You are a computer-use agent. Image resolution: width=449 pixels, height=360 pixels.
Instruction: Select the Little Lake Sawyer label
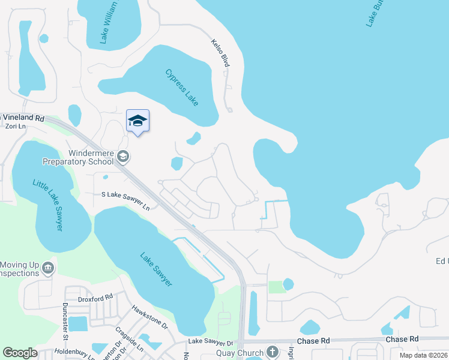(x=55, y=207)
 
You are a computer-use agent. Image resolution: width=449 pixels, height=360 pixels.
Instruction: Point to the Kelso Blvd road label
(x=220, y=53)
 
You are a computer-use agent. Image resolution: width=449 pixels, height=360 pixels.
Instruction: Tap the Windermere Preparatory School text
(x=77, y=157)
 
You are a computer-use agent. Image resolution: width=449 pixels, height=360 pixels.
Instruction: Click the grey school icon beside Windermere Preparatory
(x=123, y=157)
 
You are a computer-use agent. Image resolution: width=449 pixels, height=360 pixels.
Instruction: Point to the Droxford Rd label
(x=95, y=298)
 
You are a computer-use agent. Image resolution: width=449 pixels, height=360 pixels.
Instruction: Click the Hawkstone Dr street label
(x=149, y=316)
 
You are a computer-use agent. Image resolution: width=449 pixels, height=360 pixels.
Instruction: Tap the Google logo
(x=20, y=353)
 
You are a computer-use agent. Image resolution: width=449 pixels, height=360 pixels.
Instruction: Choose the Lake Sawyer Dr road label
(x=209, y=341)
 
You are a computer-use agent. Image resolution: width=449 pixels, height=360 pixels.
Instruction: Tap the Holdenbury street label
(x=75, y=353)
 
